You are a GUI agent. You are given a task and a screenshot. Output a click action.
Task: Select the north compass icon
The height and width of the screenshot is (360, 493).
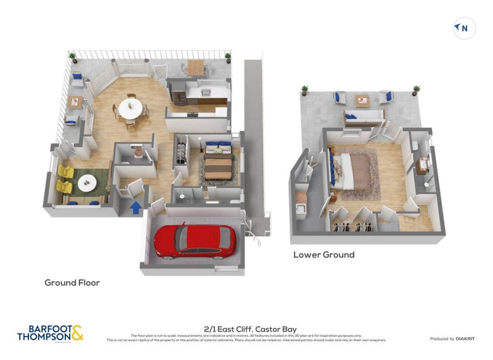[x=464, y=28]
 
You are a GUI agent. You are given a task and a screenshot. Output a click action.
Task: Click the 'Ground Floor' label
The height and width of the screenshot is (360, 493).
[x=72, y=283]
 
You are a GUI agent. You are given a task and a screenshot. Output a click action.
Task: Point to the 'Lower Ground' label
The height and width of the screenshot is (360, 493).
[x=324, y=255]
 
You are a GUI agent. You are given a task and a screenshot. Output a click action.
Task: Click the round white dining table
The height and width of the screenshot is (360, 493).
[x=131, y=109]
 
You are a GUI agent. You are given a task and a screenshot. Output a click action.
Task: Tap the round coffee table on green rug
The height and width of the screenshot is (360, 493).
[x=86, y=182]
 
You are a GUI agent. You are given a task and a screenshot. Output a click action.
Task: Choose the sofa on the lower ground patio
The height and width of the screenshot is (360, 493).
[x=363, y=117]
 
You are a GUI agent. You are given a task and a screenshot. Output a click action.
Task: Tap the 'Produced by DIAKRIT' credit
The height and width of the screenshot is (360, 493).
[x=450, y=338]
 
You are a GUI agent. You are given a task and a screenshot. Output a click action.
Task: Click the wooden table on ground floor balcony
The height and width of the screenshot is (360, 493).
[x=195, y=69]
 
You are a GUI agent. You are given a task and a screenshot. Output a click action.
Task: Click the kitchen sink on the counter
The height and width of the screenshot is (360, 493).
[x=205, y=92]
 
